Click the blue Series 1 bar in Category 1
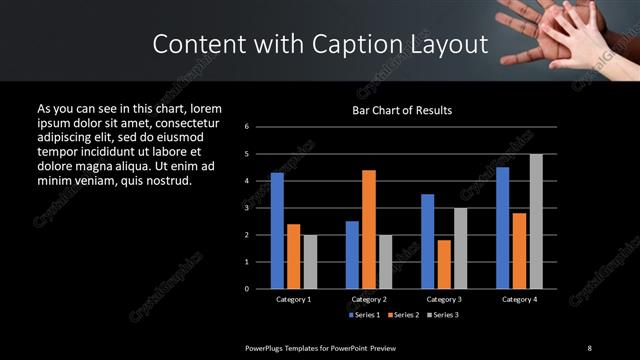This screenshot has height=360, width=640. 277,231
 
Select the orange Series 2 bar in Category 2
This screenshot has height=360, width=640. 369,229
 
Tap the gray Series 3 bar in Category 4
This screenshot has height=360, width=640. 536,221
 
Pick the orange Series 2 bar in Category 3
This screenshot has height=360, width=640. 444,264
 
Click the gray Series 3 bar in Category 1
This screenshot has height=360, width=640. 310,262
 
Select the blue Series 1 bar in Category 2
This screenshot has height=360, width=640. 352,255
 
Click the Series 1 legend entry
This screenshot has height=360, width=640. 363,315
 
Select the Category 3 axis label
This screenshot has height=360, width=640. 444,299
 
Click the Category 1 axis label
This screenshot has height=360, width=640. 293,299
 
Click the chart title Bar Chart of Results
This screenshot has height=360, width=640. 402,110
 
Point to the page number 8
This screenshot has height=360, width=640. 589,347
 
